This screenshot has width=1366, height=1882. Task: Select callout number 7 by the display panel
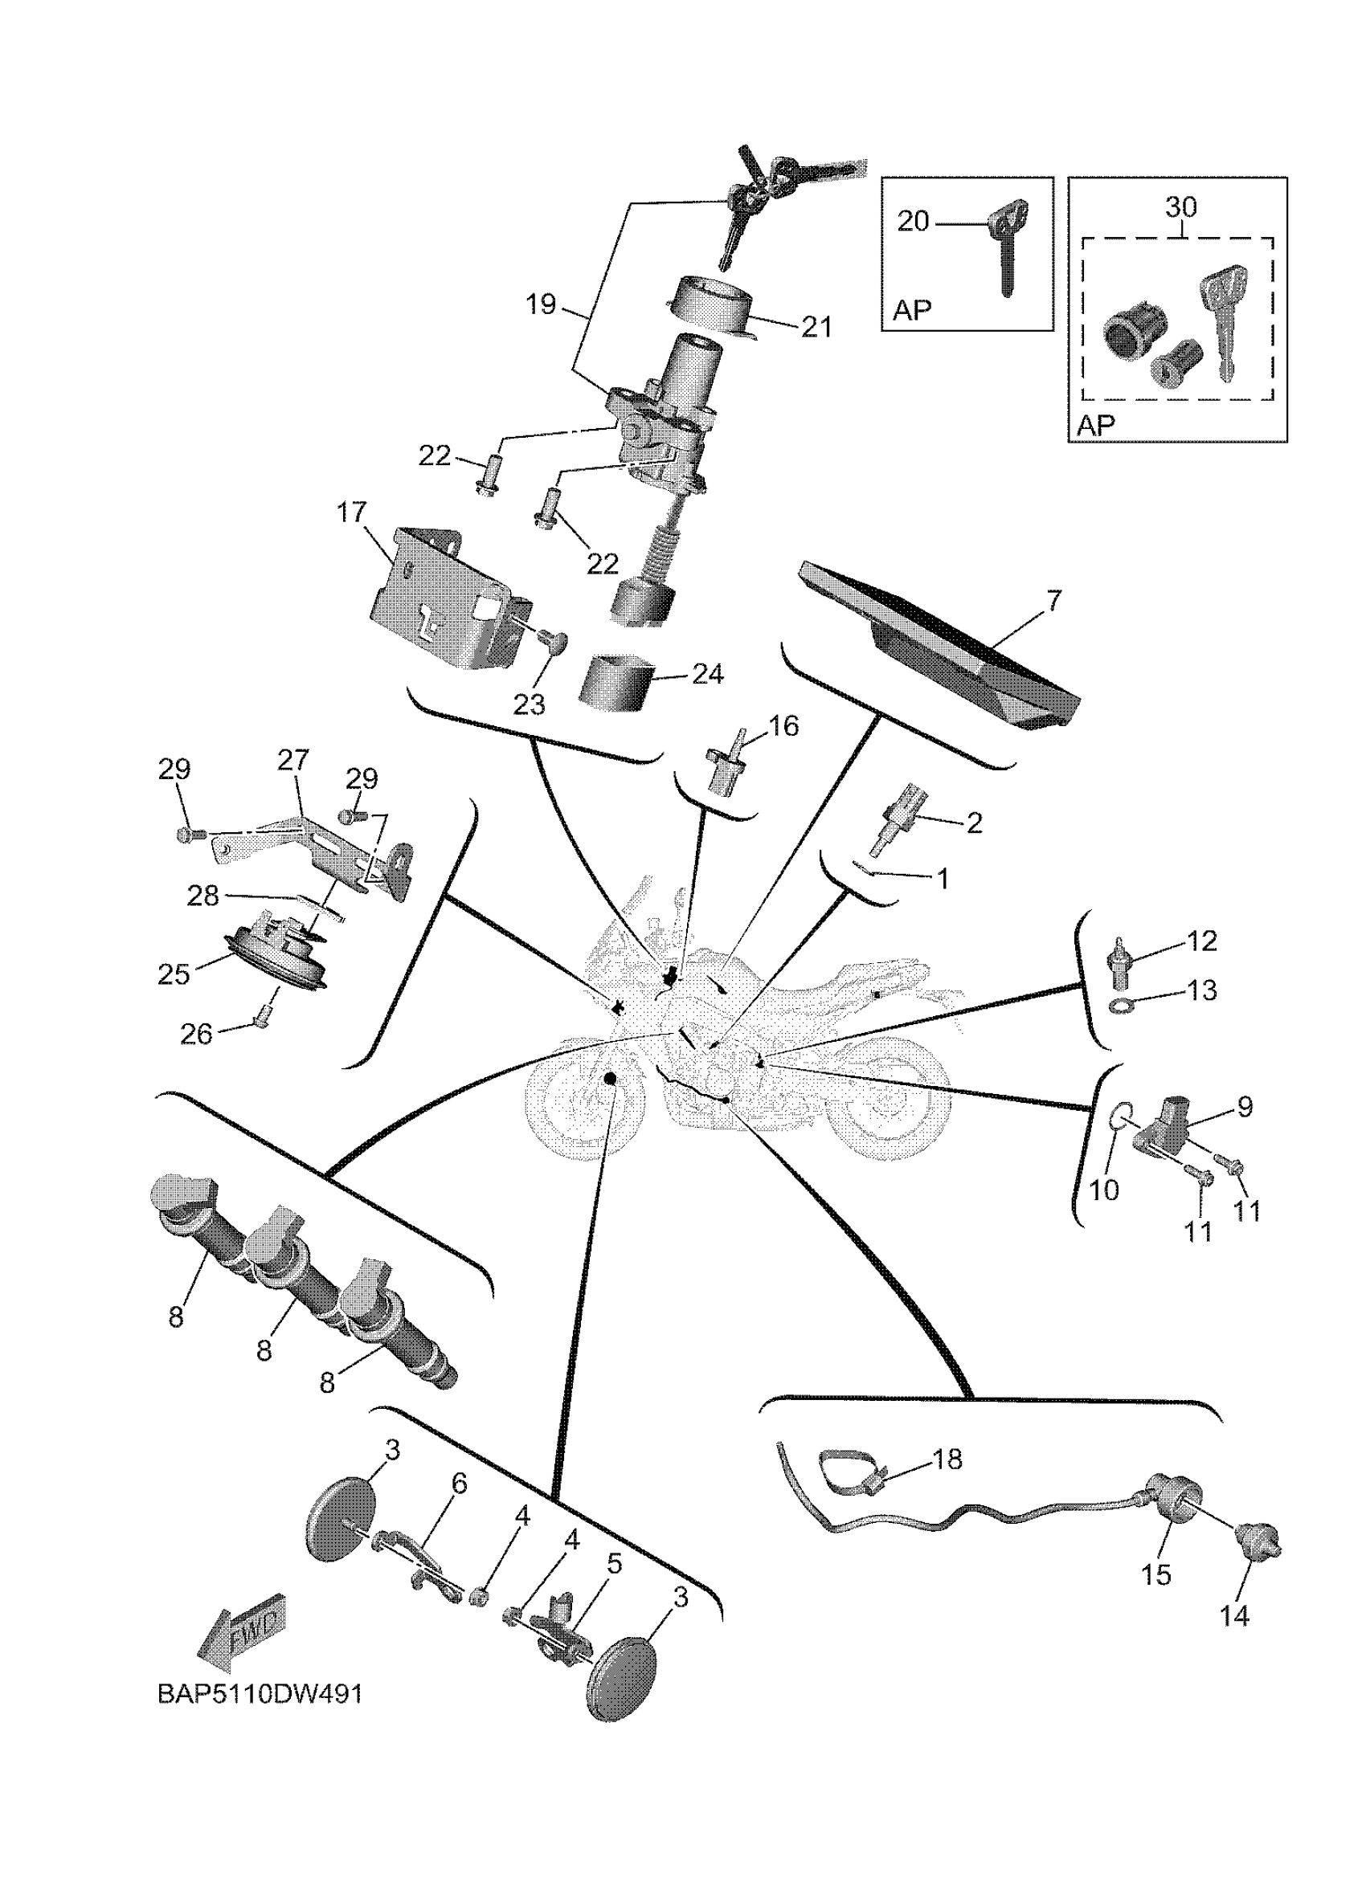(1053, 600)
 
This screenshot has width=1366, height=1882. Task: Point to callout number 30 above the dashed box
(1181, 207)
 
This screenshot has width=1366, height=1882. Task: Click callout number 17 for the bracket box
(352, 512)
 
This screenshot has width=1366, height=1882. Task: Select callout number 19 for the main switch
(541, 304)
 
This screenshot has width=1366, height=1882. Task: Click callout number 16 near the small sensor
(783, 726)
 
